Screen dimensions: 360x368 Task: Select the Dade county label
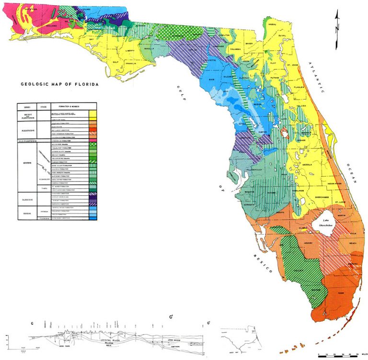[341, 293]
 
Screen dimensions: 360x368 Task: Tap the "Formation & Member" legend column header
[65, 106]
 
